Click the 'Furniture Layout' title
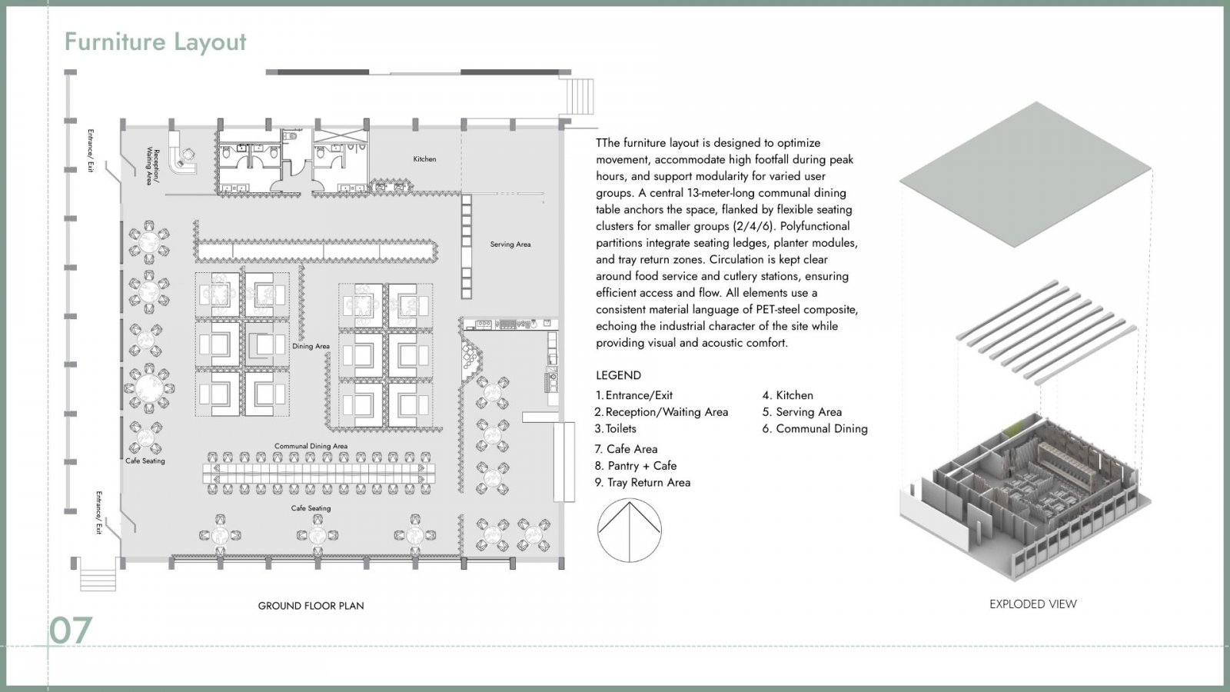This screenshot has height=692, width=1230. [155, 42]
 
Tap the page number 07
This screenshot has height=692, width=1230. [70, 630]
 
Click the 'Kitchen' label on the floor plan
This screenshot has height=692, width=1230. [424, 158]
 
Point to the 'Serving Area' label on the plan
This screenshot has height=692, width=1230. [510, 244]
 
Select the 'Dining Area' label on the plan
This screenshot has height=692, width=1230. [311, 346]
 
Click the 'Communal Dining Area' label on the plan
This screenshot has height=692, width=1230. [311, 446]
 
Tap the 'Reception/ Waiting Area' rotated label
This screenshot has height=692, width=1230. [153, 166]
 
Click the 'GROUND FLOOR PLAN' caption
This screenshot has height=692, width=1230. [311, 606]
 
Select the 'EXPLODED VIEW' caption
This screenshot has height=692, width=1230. [1033, 604]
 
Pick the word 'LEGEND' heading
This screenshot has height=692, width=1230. [618, 376]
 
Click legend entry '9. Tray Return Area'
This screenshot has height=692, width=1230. [643, 483]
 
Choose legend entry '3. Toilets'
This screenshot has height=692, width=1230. [616, 429]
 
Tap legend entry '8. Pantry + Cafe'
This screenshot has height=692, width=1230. [636, 466]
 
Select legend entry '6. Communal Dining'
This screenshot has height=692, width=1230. [815, 429]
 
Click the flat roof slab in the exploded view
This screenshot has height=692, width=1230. [1026, 174]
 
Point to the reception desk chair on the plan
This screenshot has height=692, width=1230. [188, 155]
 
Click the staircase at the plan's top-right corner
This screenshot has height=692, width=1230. [580, 96]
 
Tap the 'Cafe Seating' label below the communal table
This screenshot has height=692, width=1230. [311, 508]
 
